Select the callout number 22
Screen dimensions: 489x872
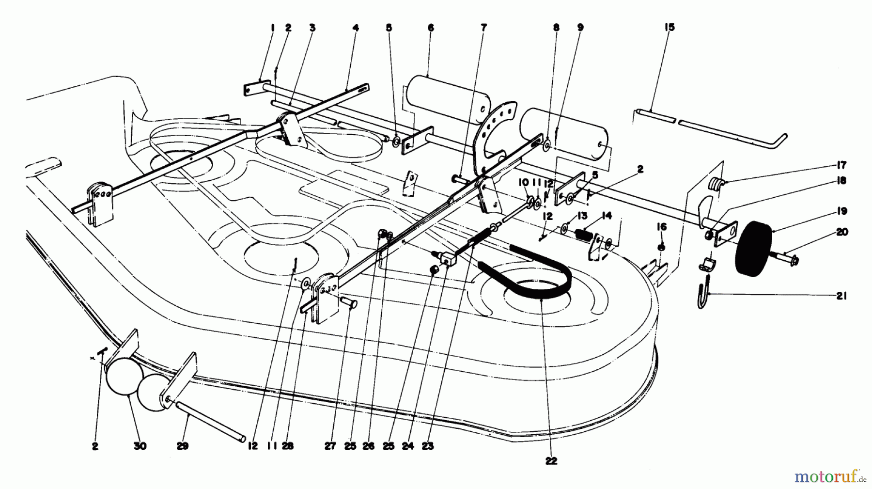point(551,461)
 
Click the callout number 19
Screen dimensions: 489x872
point(841,211)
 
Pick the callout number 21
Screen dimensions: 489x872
point(841,296)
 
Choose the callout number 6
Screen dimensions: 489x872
point(431,28)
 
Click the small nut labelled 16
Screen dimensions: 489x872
point(662,248)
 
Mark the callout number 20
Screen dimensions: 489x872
point(842,233)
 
